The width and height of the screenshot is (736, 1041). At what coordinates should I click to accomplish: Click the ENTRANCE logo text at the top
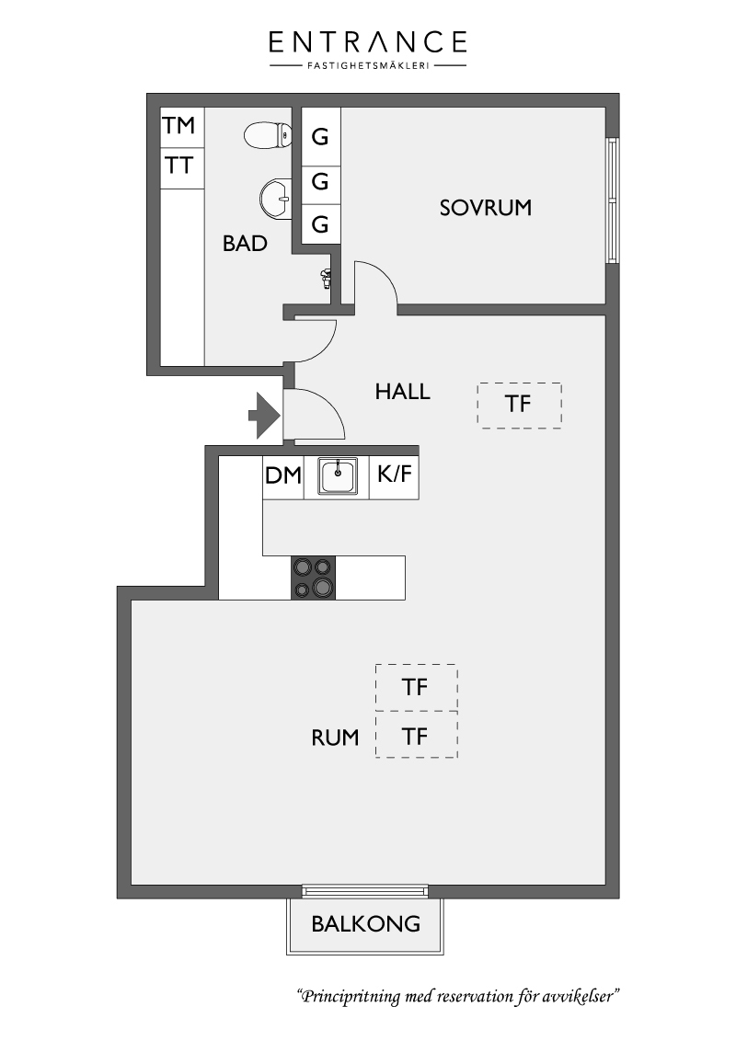point(367,41)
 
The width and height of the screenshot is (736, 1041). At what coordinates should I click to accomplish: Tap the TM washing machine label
point(178,125)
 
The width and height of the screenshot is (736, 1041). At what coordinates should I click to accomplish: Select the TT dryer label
point(178,166)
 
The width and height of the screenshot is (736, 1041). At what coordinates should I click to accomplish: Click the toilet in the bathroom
point(268,136)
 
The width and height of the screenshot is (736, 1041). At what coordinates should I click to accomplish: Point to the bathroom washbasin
point(275,198)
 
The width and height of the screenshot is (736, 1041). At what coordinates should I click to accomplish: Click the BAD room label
point(245,244)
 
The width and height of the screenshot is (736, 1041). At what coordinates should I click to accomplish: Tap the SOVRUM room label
point(486,208)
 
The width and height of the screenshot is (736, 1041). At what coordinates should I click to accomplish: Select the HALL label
point(403,392)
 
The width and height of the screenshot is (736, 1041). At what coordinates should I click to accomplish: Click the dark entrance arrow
point(264,416)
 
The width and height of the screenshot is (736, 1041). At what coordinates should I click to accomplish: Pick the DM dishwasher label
point(283,475)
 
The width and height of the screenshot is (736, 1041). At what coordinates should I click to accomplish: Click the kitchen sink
point(338,476)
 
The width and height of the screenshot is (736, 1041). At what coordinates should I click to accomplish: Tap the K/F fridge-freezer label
point(395,474)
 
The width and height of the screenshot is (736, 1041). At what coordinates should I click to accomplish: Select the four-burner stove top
point(314,578)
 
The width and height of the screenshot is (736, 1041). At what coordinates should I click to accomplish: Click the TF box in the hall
point(520,405)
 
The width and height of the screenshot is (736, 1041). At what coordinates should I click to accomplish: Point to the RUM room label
point(335,738)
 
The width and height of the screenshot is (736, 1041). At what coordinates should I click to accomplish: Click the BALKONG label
point(366,923)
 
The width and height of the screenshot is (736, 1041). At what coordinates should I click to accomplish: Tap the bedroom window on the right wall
point(613,200)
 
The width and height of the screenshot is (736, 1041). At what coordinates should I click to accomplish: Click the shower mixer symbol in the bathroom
point(325,279)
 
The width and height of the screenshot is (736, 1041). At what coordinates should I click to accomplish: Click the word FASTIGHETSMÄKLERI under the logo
point(368,65)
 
